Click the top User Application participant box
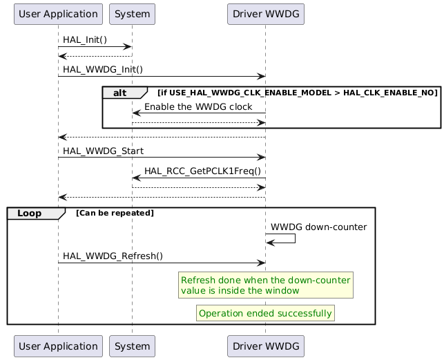(x=58, y=13)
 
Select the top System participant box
(x=132, y=13)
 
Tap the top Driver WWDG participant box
(x=265, y=13)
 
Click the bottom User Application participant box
(x=58, y=346)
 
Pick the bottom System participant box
(x=132, y=346)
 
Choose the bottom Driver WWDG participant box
(x=265, y=346)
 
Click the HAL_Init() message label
(x=86, y=39)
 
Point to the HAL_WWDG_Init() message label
(x=103, y=69)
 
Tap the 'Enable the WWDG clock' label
(x=198, y=106)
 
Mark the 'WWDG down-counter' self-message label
(x=318, y=227)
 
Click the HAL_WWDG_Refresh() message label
(x=113, y=256)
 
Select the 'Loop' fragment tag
(x=29, y=213)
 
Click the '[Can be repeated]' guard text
(x=115, y=213)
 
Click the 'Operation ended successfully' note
(x=265, y=313)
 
